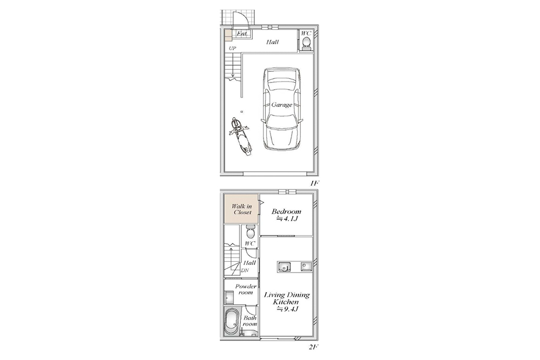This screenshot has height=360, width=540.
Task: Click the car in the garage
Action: click(x=282, y=109)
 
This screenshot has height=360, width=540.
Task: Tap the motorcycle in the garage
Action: click(x=240, y=137)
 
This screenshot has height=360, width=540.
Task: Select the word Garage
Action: click(x=282, y=105)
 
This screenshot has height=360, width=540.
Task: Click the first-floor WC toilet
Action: click(x=306, y=43)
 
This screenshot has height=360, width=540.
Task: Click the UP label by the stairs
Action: click(x=232, y=49)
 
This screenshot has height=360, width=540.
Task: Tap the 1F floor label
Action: click(x=313, y=184)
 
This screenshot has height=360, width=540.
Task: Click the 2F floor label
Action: click(x=313, y=347)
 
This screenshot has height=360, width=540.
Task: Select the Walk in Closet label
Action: click(x=242, y=209)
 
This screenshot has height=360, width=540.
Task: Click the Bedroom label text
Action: click(x=286, y=212)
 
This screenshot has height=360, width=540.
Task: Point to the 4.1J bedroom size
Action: click(x=287, y=219)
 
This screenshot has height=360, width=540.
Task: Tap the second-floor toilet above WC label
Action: click(x=251, y=232)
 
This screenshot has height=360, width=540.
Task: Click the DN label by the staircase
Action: click(x=245, y=270)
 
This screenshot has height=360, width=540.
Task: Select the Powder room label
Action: click(x=246, y=289)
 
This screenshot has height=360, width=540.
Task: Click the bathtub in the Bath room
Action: click(x=231, y=321)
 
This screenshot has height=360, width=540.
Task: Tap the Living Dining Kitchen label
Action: click(x=287, y=298)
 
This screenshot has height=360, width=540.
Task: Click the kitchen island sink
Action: click(x=284, y=267)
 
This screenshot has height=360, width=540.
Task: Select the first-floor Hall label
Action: click(x=272, y=42)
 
